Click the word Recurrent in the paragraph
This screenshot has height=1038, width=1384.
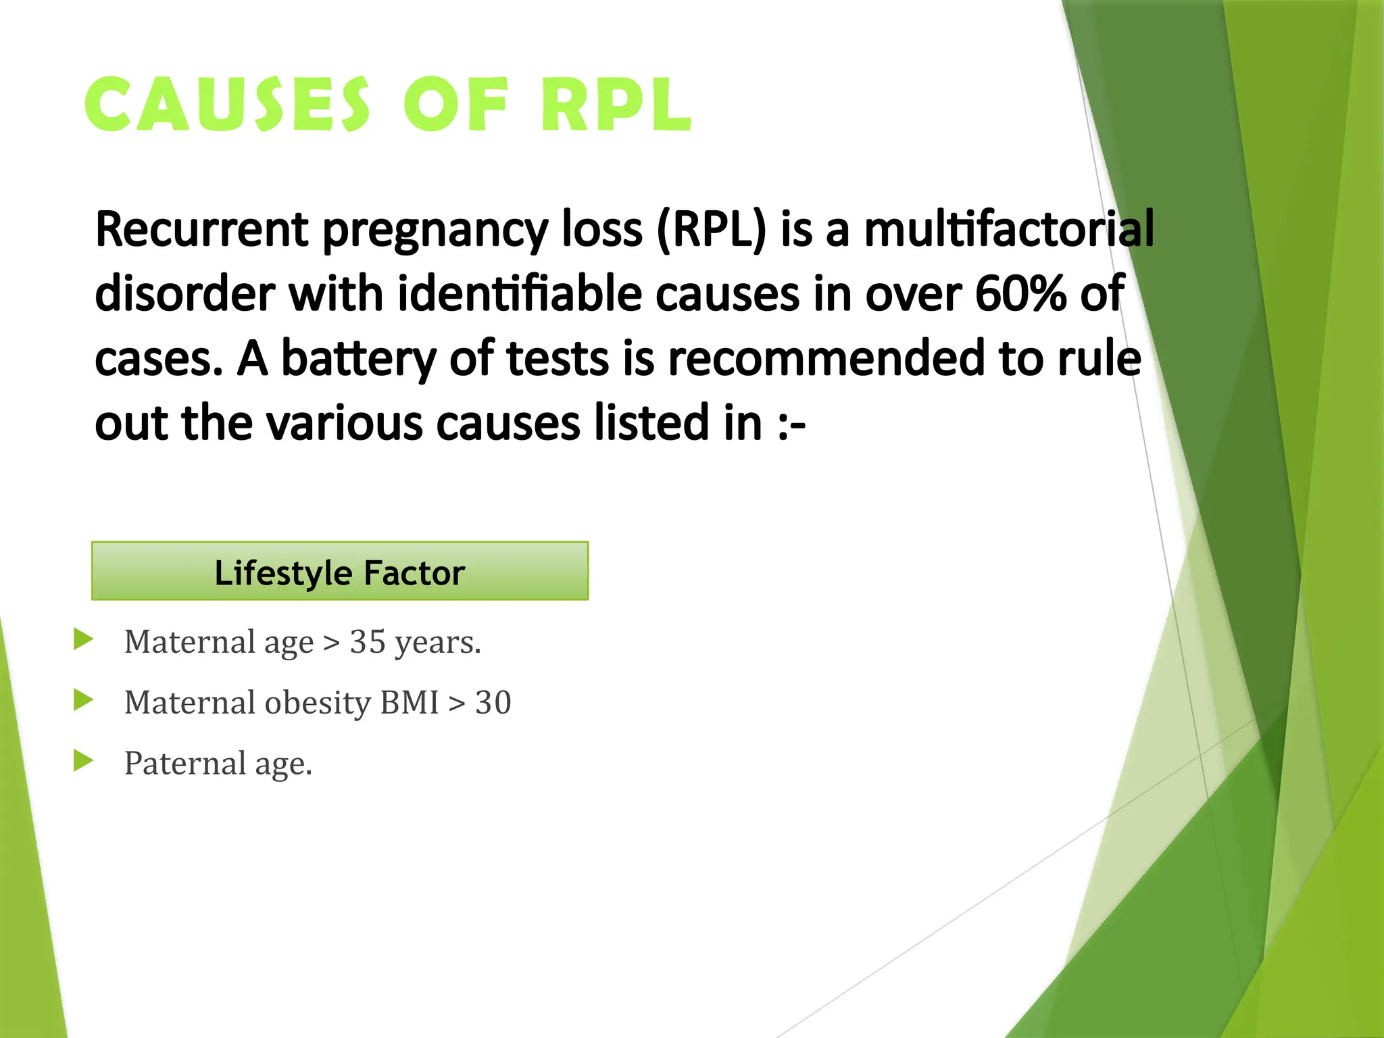coord(201,230)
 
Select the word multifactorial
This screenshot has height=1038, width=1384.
coord(1009,230)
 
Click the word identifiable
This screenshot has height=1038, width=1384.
coord(519,294)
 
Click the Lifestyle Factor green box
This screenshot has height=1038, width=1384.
coord(340,572)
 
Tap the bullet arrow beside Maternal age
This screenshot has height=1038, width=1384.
coord(83,639)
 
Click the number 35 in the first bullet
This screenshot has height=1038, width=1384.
coord(368,642)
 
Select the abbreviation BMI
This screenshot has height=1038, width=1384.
coord(410,703)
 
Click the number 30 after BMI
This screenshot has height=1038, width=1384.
coord(493,703)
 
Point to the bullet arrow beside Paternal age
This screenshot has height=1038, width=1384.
coord(83,761)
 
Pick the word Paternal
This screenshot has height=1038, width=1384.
coord(184,764)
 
